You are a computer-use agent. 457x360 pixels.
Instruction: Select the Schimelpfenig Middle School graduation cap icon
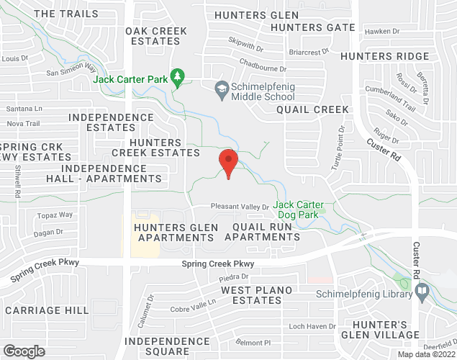pos(222,89)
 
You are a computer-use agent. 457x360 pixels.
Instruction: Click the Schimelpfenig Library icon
pos(422,292)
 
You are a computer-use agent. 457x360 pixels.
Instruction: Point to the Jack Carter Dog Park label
pos(299,210)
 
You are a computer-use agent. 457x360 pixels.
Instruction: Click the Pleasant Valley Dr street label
pos(239,207)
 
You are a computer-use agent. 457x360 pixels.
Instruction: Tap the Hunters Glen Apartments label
pos(176,233)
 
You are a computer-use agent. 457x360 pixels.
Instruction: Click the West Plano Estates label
pos(256,294)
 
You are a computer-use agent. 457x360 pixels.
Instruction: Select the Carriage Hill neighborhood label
pos(46,310)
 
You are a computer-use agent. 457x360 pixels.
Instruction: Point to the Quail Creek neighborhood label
pos(312,109)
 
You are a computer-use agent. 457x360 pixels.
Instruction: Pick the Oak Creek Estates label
pos(156,36)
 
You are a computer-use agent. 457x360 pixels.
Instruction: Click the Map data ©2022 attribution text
pos(427,354)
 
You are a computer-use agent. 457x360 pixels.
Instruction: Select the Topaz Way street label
pos(56,215)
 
